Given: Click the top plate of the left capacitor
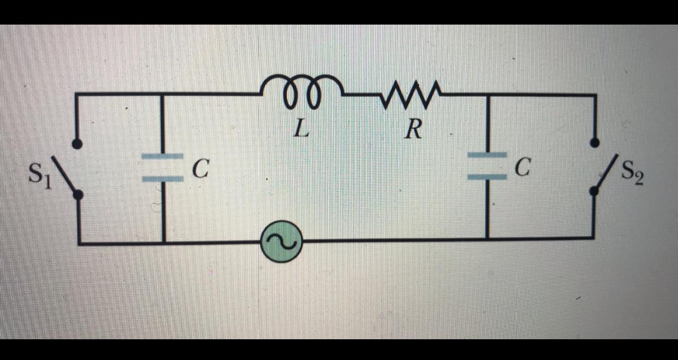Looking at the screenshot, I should pyautogui.click(x=162, y=157).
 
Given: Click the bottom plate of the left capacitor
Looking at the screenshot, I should pyautogui.click(x=162, y=178).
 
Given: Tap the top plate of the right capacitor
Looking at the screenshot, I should pyautogui.click(x=487, y=155).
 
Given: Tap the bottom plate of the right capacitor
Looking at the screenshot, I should pyautogui.click(x=487, y=176).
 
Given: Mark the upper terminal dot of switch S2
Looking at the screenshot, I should pyautogui.click(x=595, y=144).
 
